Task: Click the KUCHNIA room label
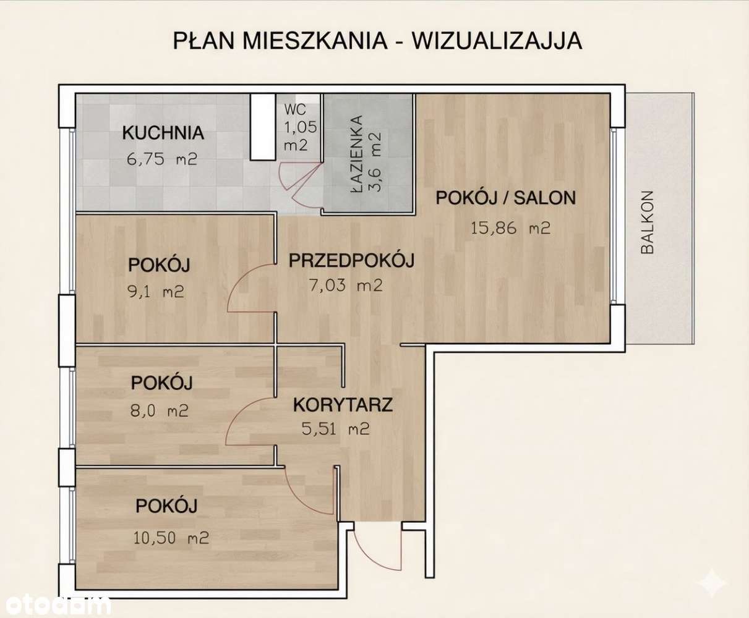click(x=163, y=133)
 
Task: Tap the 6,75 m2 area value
click(x=162, y=159)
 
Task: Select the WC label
click(x=295, y=109)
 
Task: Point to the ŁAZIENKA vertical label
click(x=357, y=154)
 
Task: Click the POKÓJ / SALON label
click(x=506, y=198)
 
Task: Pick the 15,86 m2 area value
click(x=510, y=228)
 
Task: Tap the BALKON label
click(x=648, y=222)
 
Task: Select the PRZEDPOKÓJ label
click(x=351, y=260)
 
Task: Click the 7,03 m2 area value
click(x=346, y=286)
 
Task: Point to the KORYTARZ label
click(x=343, y=405)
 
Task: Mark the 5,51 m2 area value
click(x=335, y=429)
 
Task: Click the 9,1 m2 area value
click(x=156, y=292)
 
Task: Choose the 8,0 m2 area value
click(x=160, y=410)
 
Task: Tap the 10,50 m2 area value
click(x=171, y=538)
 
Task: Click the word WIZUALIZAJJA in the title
click(x=497, y=41)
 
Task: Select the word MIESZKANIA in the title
click(x=315, y=41)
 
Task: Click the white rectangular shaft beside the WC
click(x=263, y=127)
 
